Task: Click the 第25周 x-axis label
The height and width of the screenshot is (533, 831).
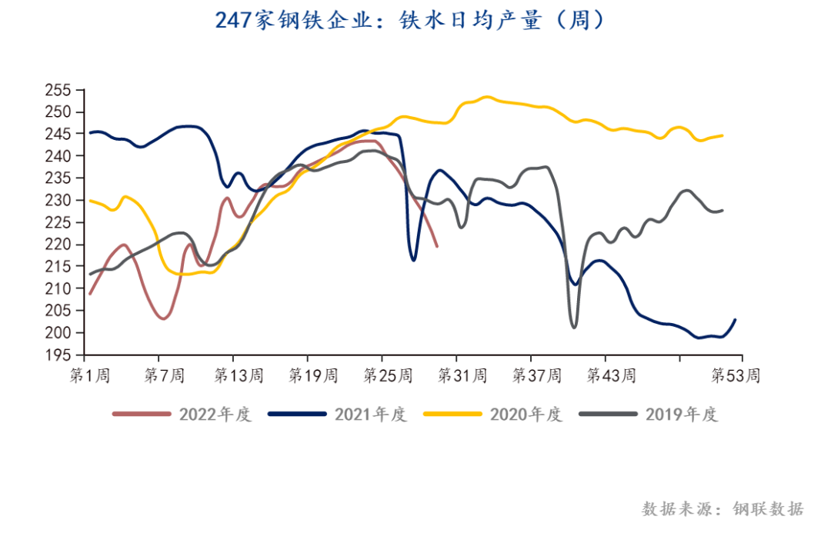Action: (x=387, y=376)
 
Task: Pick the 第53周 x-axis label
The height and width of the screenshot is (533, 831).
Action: (x=736, y=376)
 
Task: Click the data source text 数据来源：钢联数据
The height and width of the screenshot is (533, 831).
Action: (x=723, y=509)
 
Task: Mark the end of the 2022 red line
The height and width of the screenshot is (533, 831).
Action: (x=437, y=246)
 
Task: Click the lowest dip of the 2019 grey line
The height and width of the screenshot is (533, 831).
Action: (x=574, y=328)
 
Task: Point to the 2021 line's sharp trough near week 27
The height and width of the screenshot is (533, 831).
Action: (x=413, y=260)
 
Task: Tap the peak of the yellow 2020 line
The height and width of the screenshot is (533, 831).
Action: (x=486, y=97)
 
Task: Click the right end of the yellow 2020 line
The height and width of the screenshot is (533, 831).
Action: (x=722, y=135)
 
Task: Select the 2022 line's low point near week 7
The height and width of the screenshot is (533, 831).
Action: (x=163, y=318)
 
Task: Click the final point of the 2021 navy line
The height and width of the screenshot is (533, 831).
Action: (x=736, y=320)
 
